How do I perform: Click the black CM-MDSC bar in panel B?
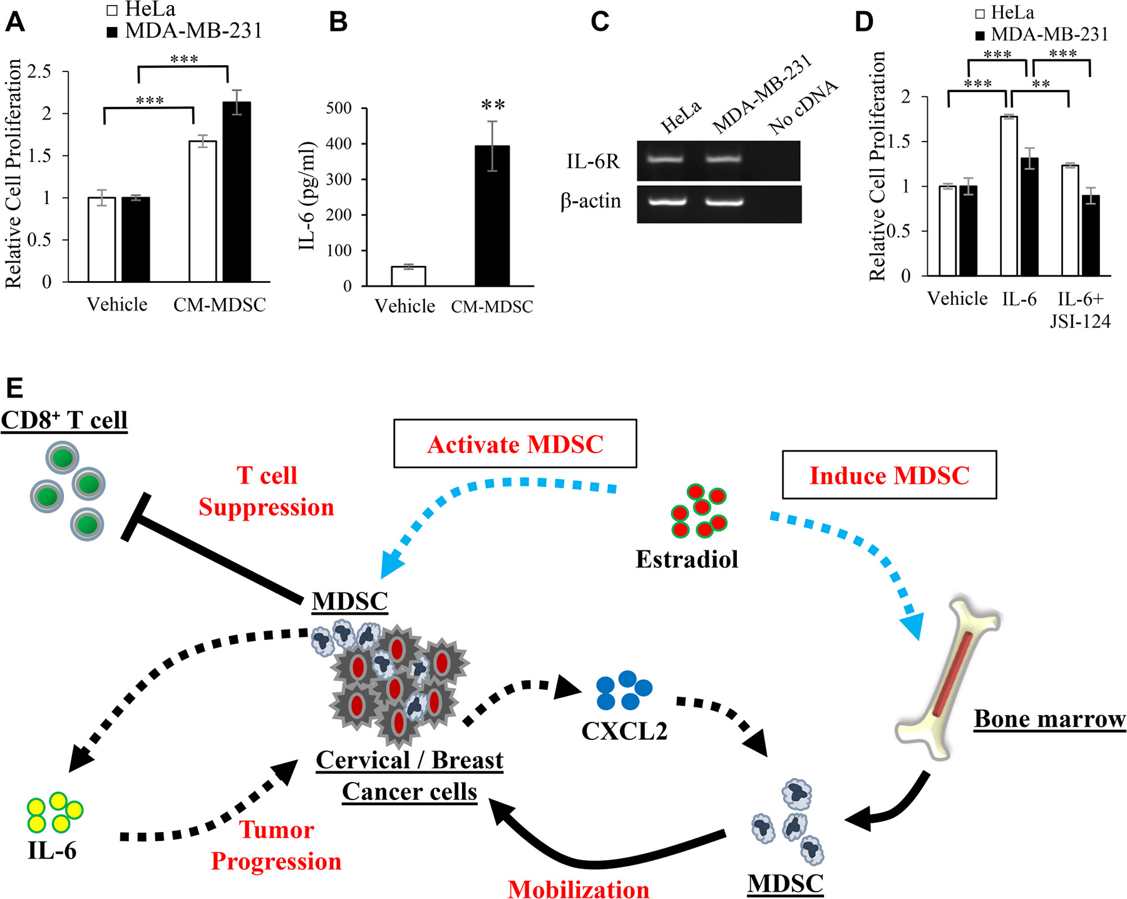coord(492,216)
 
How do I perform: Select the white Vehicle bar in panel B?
coord(408,276)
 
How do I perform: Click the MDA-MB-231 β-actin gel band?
coord(723,202)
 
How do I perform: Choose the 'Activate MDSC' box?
coord(515,444)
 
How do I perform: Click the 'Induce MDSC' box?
coord(889,475)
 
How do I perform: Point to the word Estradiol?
coord(687,559)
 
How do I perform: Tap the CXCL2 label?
coord(624,731)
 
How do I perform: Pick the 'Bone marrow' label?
coord(1050,719)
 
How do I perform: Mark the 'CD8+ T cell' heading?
coord(64,420)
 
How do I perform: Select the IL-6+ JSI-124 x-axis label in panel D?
coord(1080,310)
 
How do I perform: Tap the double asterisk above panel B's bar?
coord(493,105)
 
